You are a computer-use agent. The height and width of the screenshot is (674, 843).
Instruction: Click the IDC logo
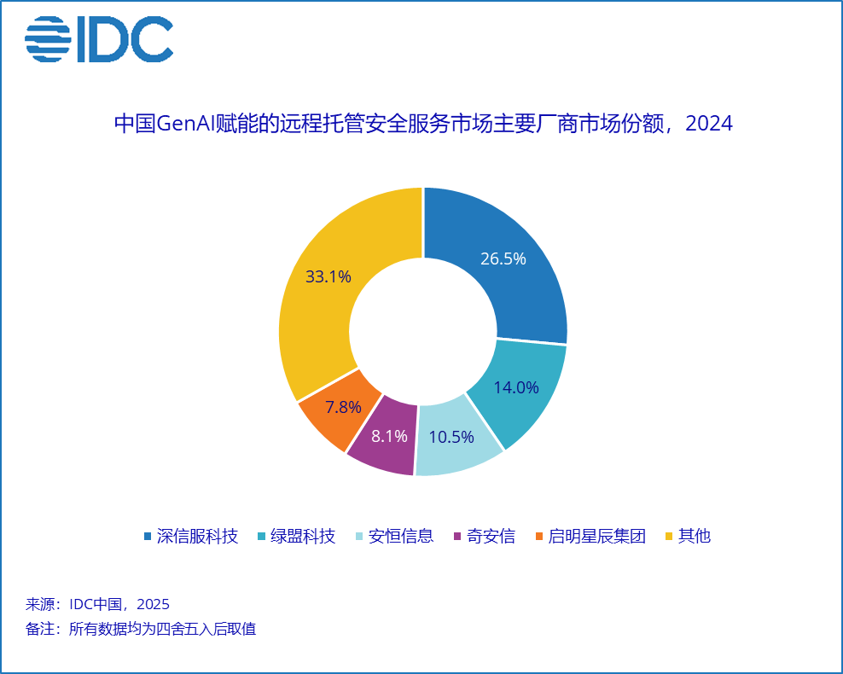point(99,39)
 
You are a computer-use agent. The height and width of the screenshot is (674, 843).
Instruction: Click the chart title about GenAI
point(422,124)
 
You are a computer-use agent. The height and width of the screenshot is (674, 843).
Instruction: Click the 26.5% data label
point(503,259)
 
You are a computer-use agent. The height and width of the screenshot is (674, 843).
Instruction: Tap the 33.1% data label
point(328,276)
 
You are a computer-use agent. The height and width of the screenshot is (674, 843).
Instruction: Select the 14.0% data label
point(516,387)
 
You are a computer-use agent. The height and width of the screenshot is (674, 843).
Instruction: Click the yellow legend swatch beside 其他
point(669,537)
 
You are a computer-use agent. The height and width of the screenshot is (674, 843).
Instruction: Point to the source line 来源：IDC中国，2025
point(98,604)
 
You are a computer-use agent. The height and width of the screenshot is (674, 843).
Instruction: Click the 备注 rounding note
point(141,630)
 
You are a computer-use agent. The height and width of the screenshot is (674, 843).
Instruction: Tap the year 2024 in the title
point(709,124)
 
